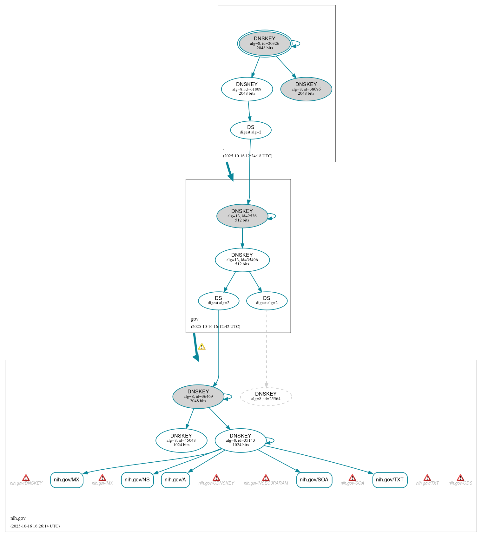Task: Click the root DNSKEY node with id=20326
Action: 265,44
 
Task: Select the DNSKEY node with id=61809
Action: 247,89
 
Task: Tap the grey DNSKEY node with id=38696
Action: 306,89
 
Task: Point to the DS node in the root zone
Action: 251,130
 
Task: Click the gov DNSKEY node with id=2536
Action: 242,216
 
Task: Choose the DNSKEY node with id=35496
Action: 242,260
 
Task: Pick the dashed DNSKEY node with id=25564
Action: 266,397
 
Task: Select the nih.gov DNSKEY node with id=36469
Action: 198,397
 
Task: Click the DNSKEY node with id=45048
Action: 181,440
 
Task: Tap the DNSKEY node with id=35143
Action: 241,440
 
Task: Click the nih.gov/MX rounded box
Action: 67,480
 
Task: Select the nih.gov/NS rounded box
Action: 137,480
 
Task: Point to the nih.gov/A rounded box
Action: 175,480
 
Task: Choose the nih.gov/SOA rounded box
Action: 314,480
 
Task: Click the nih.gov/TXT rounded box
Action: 390,480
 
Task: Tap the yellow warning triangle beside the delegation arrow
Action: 202,347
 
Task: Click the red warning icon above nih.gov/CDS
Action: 460,478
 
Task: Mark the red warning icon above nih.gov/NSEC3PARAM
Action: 266,478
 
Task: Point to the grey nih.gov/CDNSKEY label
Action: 216,483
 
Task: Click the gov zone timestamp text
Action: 215,327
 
